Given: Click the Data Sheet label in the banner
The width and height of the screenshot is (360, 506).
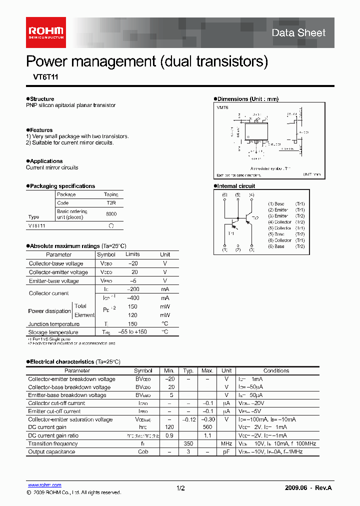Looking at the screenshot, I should pos(298,33).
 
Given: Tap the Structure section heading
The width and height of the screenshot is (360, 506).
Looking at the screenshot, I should pos(41,99).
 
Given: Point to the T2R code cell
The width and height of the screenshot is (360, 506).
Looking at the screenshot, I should pos(111,203).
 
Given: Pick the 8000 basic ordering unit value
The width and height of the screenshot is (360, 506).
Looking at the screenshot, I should pos(111,214).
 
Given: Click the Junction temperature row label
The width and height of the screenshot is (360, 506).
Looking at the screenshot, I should pos(53,324).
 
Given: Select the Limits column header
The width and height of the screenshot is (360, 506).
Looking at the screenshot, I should pos(132,254).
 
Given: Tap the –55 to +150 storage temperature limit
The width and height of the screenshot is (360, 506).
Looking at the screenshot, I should pos(132,332).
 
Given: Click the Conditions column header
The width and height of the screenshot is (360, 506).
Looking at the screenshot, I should pos(276,371).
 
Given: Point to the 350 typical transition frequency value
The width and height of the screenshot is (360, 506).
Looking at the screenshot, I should pos(188,443).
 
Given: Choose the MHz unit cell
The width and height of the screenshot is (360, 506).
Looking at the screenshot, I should pos(226,443).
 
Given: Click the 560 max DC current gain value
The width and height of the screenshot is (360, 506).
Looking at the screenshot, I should pos(207,427).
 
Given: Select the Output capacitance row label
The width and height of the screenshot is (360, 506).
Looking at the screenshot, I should pos(51,451).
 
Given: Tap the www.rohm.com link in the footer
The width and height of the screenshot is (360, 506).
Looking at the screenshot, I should pos(44,485).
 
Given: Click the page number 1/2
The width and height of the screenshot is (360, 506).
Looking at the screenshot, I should pos(180,488).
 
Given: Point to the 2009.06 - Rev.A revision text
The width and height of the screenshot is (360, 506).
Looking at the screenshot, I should pos(308,488).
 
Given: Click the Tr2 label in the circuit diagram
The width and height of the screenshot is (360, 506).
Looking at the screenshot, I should pos(255,218).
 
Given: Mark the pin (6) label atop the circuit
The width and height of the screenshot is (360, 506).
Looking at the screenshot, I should pos(224,194).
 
